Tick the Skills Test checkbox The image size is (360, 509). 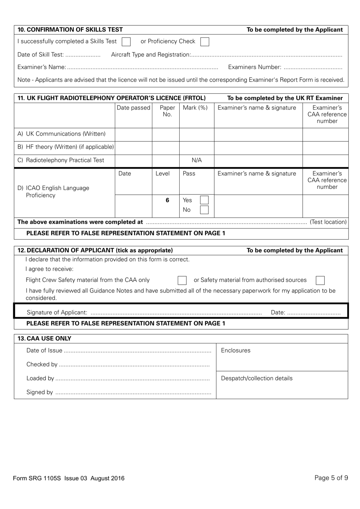(126, 42)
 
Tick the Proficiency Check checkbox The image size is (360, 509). (205, 42)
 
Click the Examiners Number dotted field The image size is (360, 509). (313, 68)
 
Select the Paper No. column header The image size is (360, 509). (167, 111)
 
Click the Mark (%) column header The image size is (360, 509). (195, 108)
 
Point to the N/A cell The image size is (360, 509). (197, 160)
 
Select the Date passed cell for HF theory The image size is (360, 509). (133, 147)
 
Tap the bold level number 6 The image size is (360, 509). (167, 200)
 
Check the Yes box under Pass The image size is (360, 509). (204, 200)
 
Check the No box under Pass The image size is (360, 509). (204, 210)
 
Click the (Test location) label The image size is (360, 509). (328, 222)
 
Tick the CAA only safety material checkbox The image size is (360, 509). (182, 280)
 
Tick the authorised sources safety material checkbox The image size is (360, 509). (320, 280)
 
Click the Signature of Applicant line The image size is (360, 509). (176, 313)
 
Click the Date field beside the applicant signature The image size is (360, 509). (314, 313)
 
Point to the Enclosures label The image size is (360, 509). (236, 351)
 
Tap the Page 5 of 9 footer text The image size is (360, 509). (331, 478)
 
